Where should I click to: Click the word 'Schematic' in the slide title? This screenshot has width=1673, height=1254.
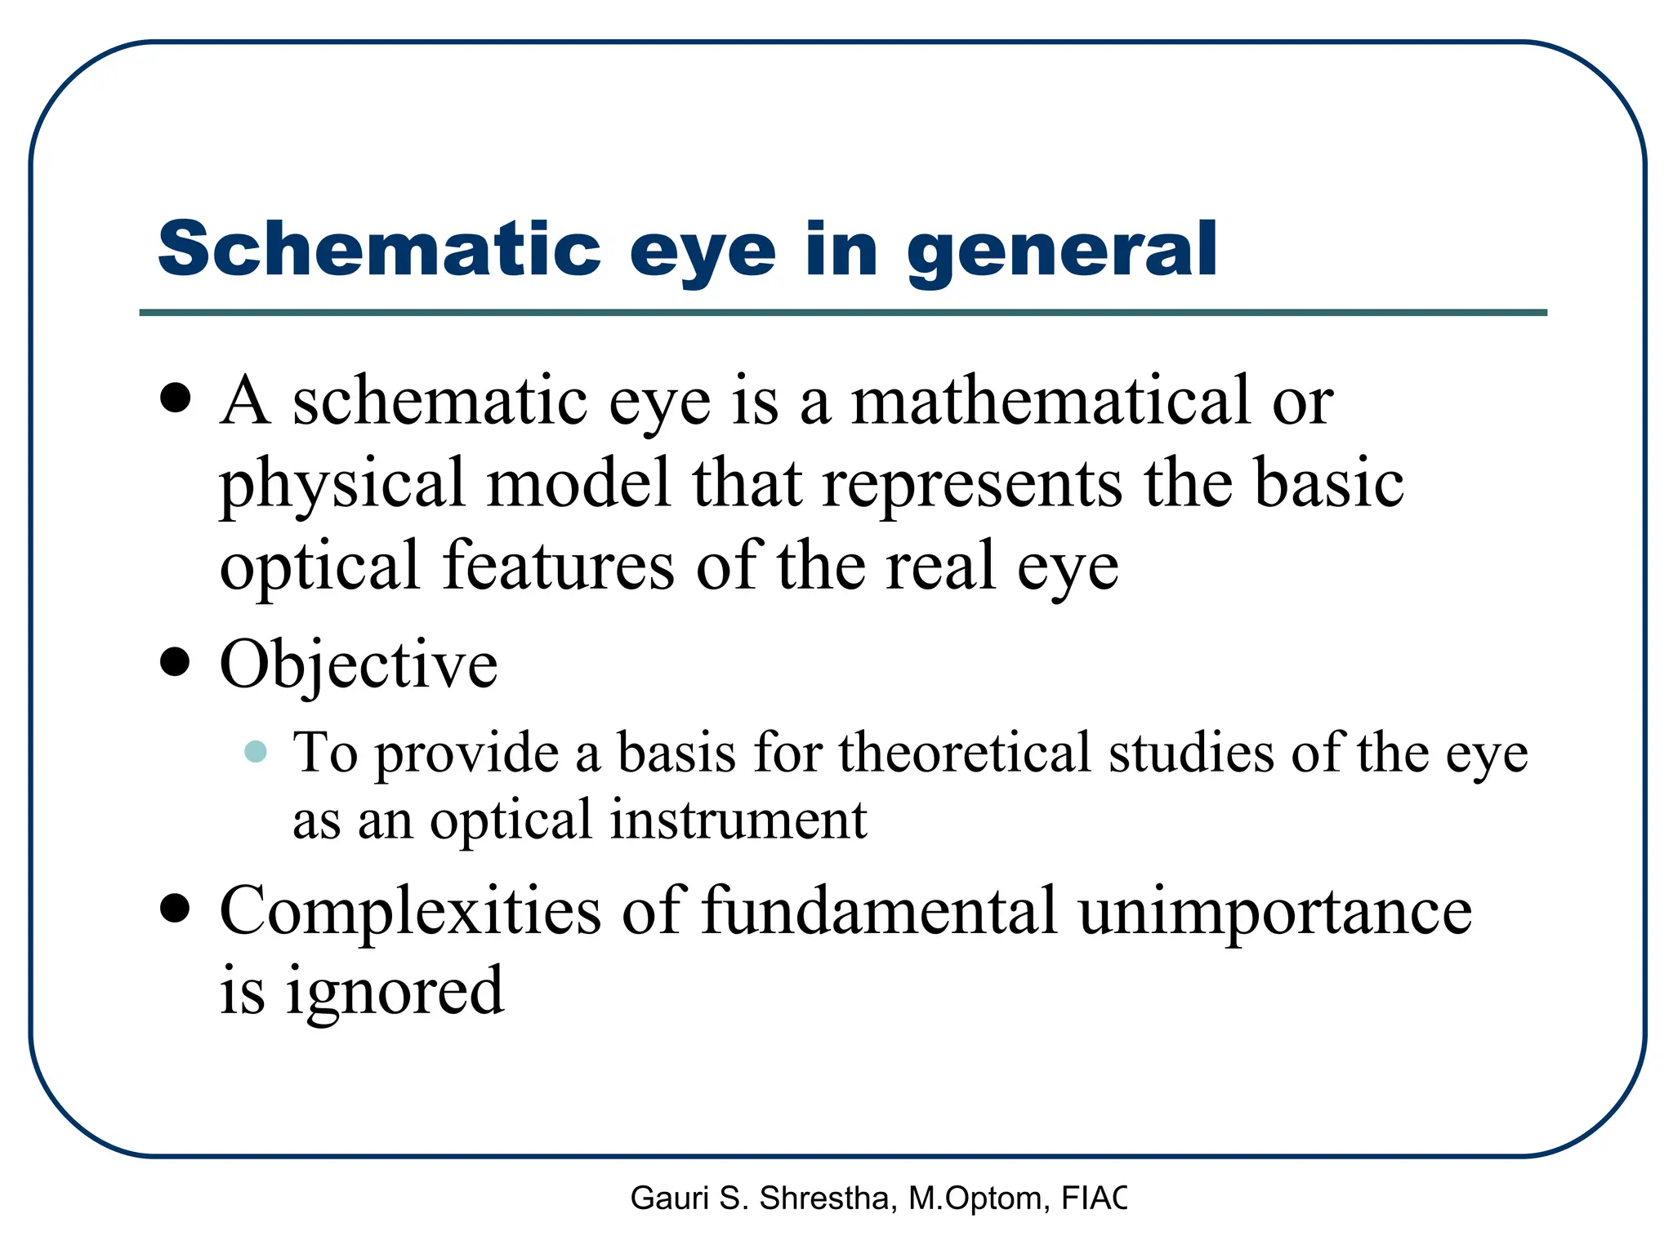pyautogui.click(x=379, y=249)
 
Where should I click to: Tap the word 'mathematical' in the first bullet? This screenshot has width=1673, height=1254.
pyautogui.click(x=1051, y=401)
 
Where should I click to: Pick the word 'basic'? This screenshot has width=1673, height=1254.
pyautogui.click(x=1329, y=482)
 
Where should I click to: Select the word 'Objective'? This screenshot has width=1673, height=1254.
pyautogui.click(x=359, y=665)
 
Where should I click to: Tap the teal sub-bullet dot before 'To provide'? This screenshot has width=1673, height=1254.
pyautogui.click(x=256, y=751)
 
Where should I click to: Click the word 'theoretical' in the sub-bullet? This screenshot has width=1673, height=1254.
pyautogui.click(x=965, y=752)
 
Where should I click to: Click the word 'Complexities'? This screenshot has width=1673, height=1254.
pyautogui.click(x=410, y=910)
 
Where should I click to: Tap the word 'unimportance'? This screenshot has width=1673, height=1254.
pyautogui.click(x=1274, y=910)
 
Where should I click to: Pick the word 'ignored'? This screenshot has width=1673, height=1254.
pyautogui.click(x=395, y=991)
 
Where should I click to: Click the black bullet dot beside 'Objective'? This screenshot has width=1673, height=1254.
pyautogui.click(x=175, y=662)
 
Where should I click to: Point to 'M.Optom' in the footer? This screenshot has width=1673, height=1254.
pyautogui.click(x=975, y=1198)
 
